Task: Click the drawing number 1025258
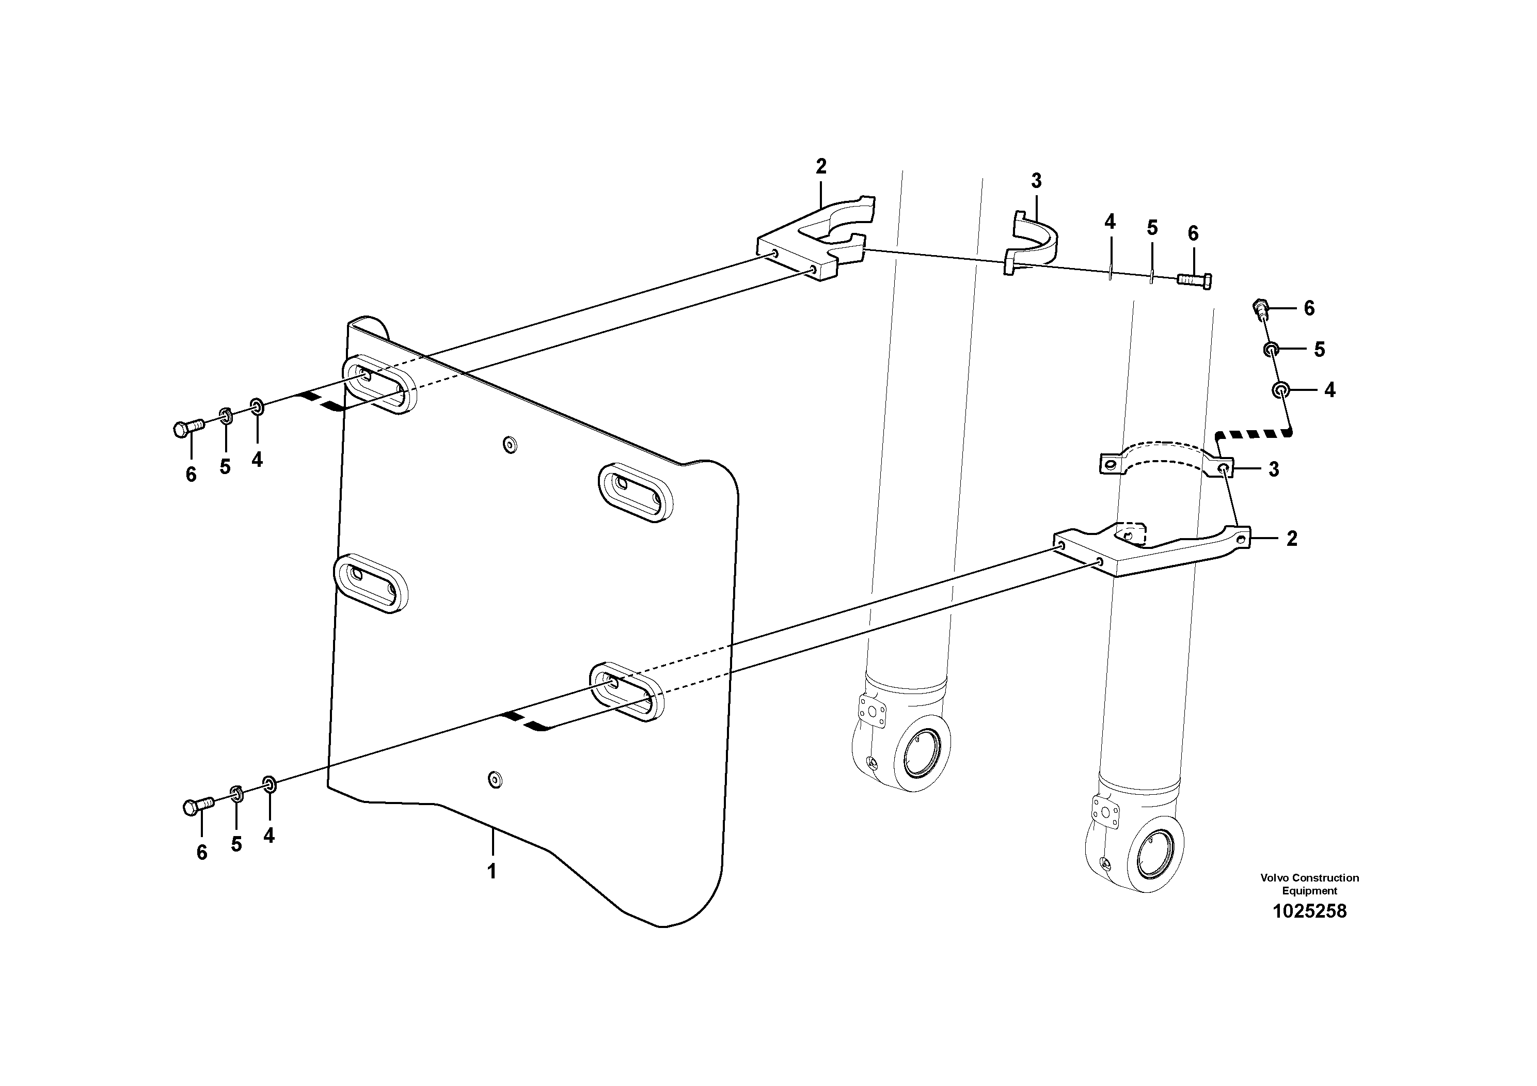tap(1309, 911)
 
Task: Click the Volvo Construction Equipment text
tap(1309, 884)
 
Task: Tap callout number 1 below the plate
tap(492, 872)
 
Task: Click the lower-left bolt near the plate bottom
tap(197, 806)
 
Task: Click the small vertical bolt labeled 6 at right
tap(1260, 309)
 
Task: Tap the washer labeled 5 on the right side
tap(1271, 349)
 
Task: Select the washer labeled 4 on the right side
tap(1280, 390)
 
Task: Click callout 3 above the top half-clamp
tap(1036, 181)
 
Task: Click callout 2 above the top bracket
tap(821, 166)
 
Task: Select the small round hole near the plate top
tap(510, 444)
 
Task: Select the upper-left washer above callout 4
tap(257, 406)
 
